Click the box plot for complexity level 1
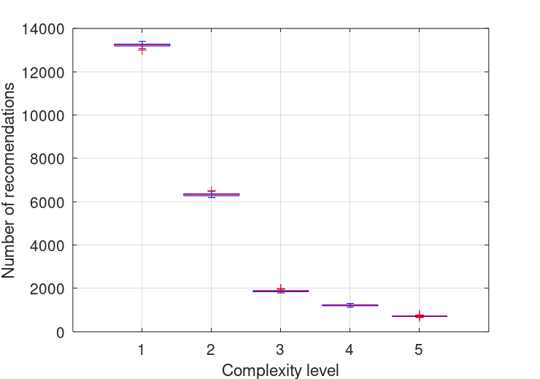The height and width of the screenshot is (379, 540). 142,45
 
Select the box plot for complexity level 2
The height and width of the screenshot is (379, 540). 211,195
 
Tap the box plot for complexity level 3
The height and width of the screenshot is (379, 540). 280,291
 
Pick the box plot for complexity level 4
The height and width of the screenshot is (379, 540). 350,305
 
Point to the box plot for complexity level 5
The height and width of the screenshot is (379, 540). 419,316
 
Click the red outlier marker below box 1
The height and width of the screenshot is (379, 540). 142,50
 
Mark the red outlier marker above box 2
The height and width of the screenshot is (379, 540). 211,190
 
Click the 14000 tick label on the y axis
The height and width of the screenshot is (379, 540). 43,29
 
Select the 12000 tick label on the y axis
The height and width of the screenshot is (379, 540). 43,72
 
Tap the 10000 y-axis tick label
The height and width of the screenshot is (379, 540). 43,115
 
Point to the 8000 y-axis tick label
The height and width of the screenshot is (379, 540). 47,158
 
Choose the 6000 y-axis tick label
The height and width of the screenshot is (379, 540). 47,202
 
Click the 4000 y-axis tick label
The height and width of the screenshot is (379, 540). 47,245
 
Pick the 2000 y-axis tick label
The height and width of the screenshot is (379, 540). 47,288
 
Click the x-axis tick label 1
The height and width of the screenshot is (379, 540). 142,349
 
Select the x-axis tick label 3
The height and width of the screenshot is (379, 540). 280,349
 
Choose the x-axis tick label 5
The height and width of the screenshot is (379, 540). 419,349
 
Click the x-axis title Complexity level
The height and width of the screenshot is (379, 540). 280,370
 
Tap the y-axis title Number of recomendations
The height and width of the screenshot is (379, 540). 9,180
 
